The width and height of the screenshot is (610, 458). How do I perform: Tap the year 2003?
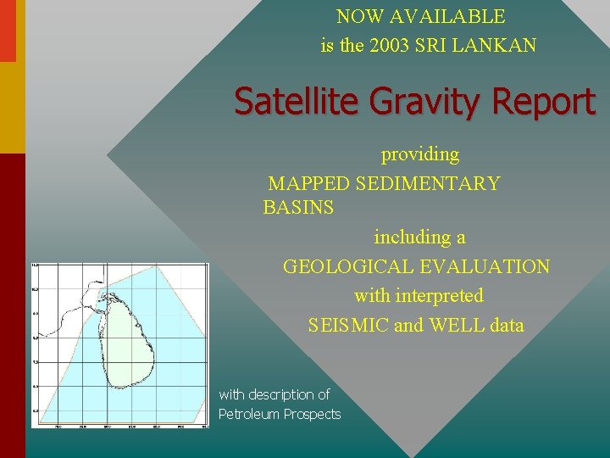[x=392, y=46]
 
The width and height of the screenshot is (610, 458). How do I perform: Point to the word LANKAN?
[x=496, y=46]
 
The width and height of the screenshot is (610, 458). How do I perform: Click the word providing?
[x=420, y=155]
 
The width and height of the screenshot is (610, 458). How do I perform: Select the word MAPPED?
[x=309, y=183]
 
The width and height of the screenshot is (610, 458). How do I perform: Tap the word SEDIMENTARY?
[x=429, y=183]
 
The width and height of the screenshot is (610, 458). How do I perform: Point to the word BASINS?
[x=298, y=208]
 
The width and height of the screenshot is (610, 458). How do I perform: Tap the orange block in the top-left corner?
[x=8, y=31]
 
